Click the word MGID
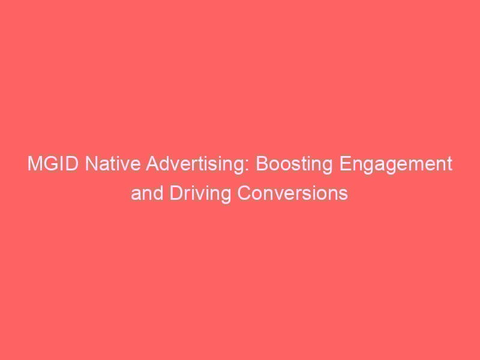(53, 164)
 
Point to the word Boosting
(294, 164)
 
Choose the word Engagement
(395, 164)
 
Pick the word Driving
(200, 194)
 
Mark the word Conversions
(293, 193)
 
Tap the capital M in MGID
(34, 164)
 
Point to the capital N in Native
(91, 164)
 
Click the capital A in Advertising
(152, 164)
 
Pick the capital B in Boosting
(263, 164)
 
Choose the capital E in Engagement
(345, 164)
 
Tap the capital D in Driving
(176, 193)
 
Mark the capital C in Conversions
(244, 193)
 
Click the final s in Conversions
(343, 196)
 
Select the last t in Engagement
(449, 164)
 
